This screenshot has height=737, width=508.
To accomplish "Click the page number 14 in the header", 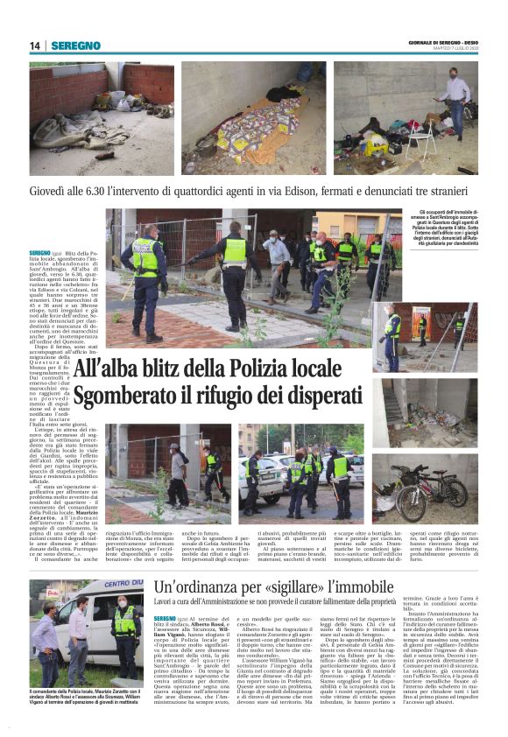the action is tap(35, 46).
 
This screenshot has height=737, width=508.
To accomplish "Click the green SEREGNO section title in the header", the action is tap(75, 46).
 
